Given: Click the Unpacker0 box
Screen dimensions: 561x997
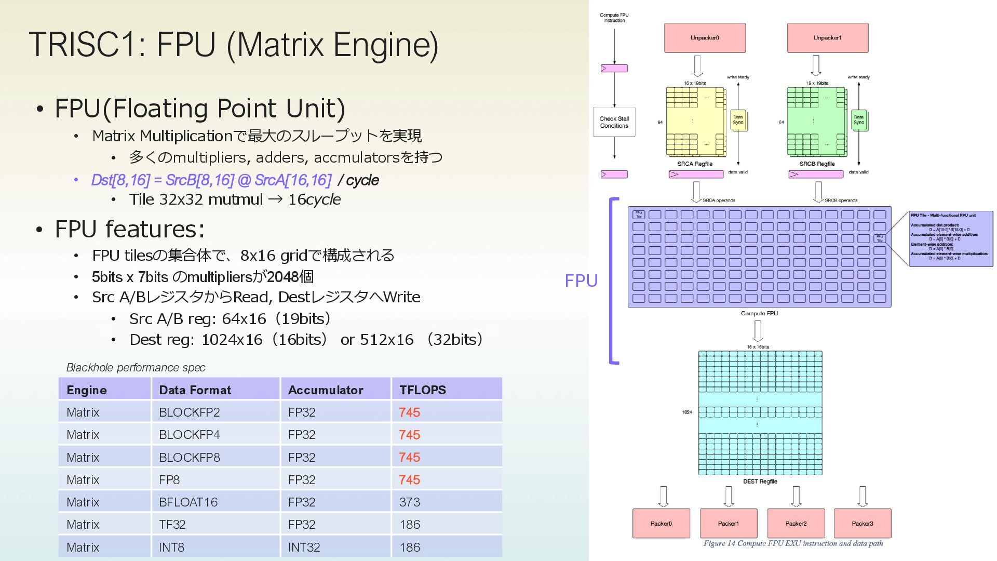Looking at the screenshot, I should pos(705,37).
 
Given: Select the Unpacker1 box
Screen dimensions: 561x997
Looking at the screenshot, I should pos(827,37).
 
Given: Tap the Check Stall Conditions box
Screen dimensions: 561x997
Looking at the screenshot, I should pos(614,122).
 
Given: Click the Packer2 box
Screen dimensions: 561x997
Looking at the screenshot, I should pos(796,523).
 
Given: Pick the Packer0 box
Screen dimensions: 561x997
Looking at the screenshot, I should pos(661,523).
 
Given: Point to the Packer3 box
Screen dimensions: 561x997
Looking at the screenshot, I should pos(862,523).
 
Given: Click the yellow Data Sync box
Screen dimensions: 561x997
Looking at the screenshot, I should pos(738,120).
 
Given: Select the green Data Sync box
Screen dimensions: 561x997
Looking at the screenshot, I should pos(859,120).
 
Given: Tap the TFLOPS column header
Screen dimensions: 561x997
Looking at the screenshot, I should pos(423,390).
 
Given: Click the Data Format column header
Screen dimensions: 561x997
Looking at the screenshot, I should pos(195,390).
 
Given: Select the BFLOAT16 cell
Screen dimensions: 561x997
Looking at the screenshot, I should pos(188,502).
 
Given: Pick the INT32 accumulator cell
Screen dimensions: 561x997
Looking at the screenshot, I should pos(304,547).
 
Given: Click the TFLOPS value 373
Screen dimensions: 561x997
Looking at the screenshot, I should pos(410,502).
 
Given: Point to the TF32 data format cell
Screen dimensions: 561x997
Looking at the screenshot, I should pos(172,525).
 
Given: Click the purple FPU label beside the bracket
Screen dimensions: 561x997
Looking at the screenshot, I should pos(581,280).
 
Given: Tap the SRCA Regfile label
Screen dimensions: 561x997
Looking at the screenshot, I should pos(695,164).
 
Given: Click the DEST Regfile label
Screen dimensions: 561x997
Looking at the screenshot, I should pos(760,482).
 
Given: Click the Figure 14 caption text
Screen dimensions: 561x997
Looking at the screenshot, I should pos(793,543).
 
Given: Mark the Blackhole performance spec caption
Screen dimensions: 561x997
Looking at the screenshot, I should pos(136,368).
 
